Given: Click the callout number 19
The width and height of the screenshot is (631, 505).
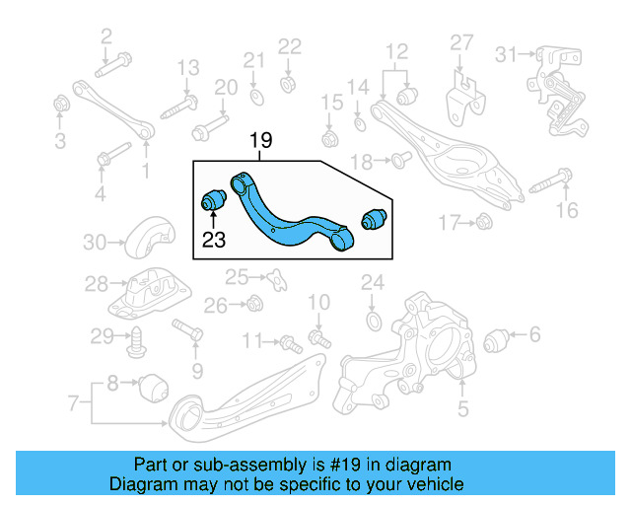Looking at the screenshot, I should point(260,141).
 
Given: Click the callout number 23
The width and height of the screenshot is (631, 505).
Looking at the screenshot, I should point(214,238).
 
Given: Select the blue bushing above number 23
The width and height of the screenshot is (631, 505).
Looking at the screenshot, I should point(213,198).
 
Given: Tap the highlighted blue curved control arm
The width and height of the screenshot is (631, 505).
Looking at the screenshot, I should point(286,218).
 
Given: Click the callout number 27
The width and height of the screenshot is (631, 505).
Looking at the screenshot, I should point(462,42).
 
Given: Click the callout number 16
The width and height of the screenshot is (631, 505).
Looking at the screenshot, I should point(565,209).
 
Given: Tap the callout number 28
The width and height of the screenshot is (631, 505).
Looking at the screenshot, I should point(96,285).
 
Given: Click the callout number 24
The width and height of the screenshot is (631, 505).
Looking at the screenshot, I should point(371,284).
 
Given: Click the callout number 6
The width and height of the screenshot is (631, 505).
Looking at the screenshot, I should point(535,335).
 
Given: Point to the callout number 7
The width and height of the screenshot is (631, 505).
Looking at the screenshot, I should point(73,402).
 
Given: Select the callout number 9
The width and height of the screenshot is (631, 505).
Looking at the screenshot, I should point(196,371).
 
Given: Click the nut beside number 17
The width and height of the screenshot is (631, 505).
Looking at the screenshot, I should point(484,224).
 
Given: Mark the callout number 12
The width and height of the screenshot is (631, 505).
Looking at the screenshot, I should point(395,51).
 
